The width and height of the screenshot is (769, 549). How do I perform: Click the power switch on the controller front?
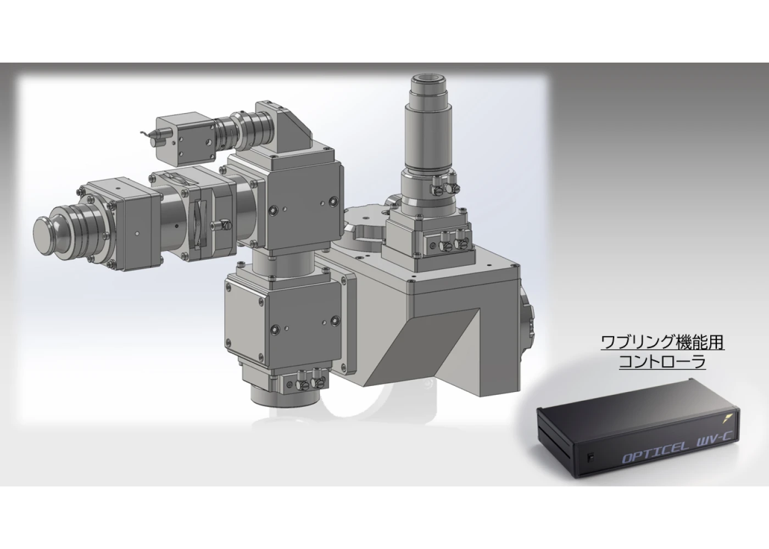[590, 457]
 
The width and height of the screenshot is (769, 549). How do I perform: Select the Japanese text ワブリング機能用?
[662, 342]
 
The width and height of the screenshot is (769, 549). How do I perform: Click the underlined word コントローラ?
[662, 362]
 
